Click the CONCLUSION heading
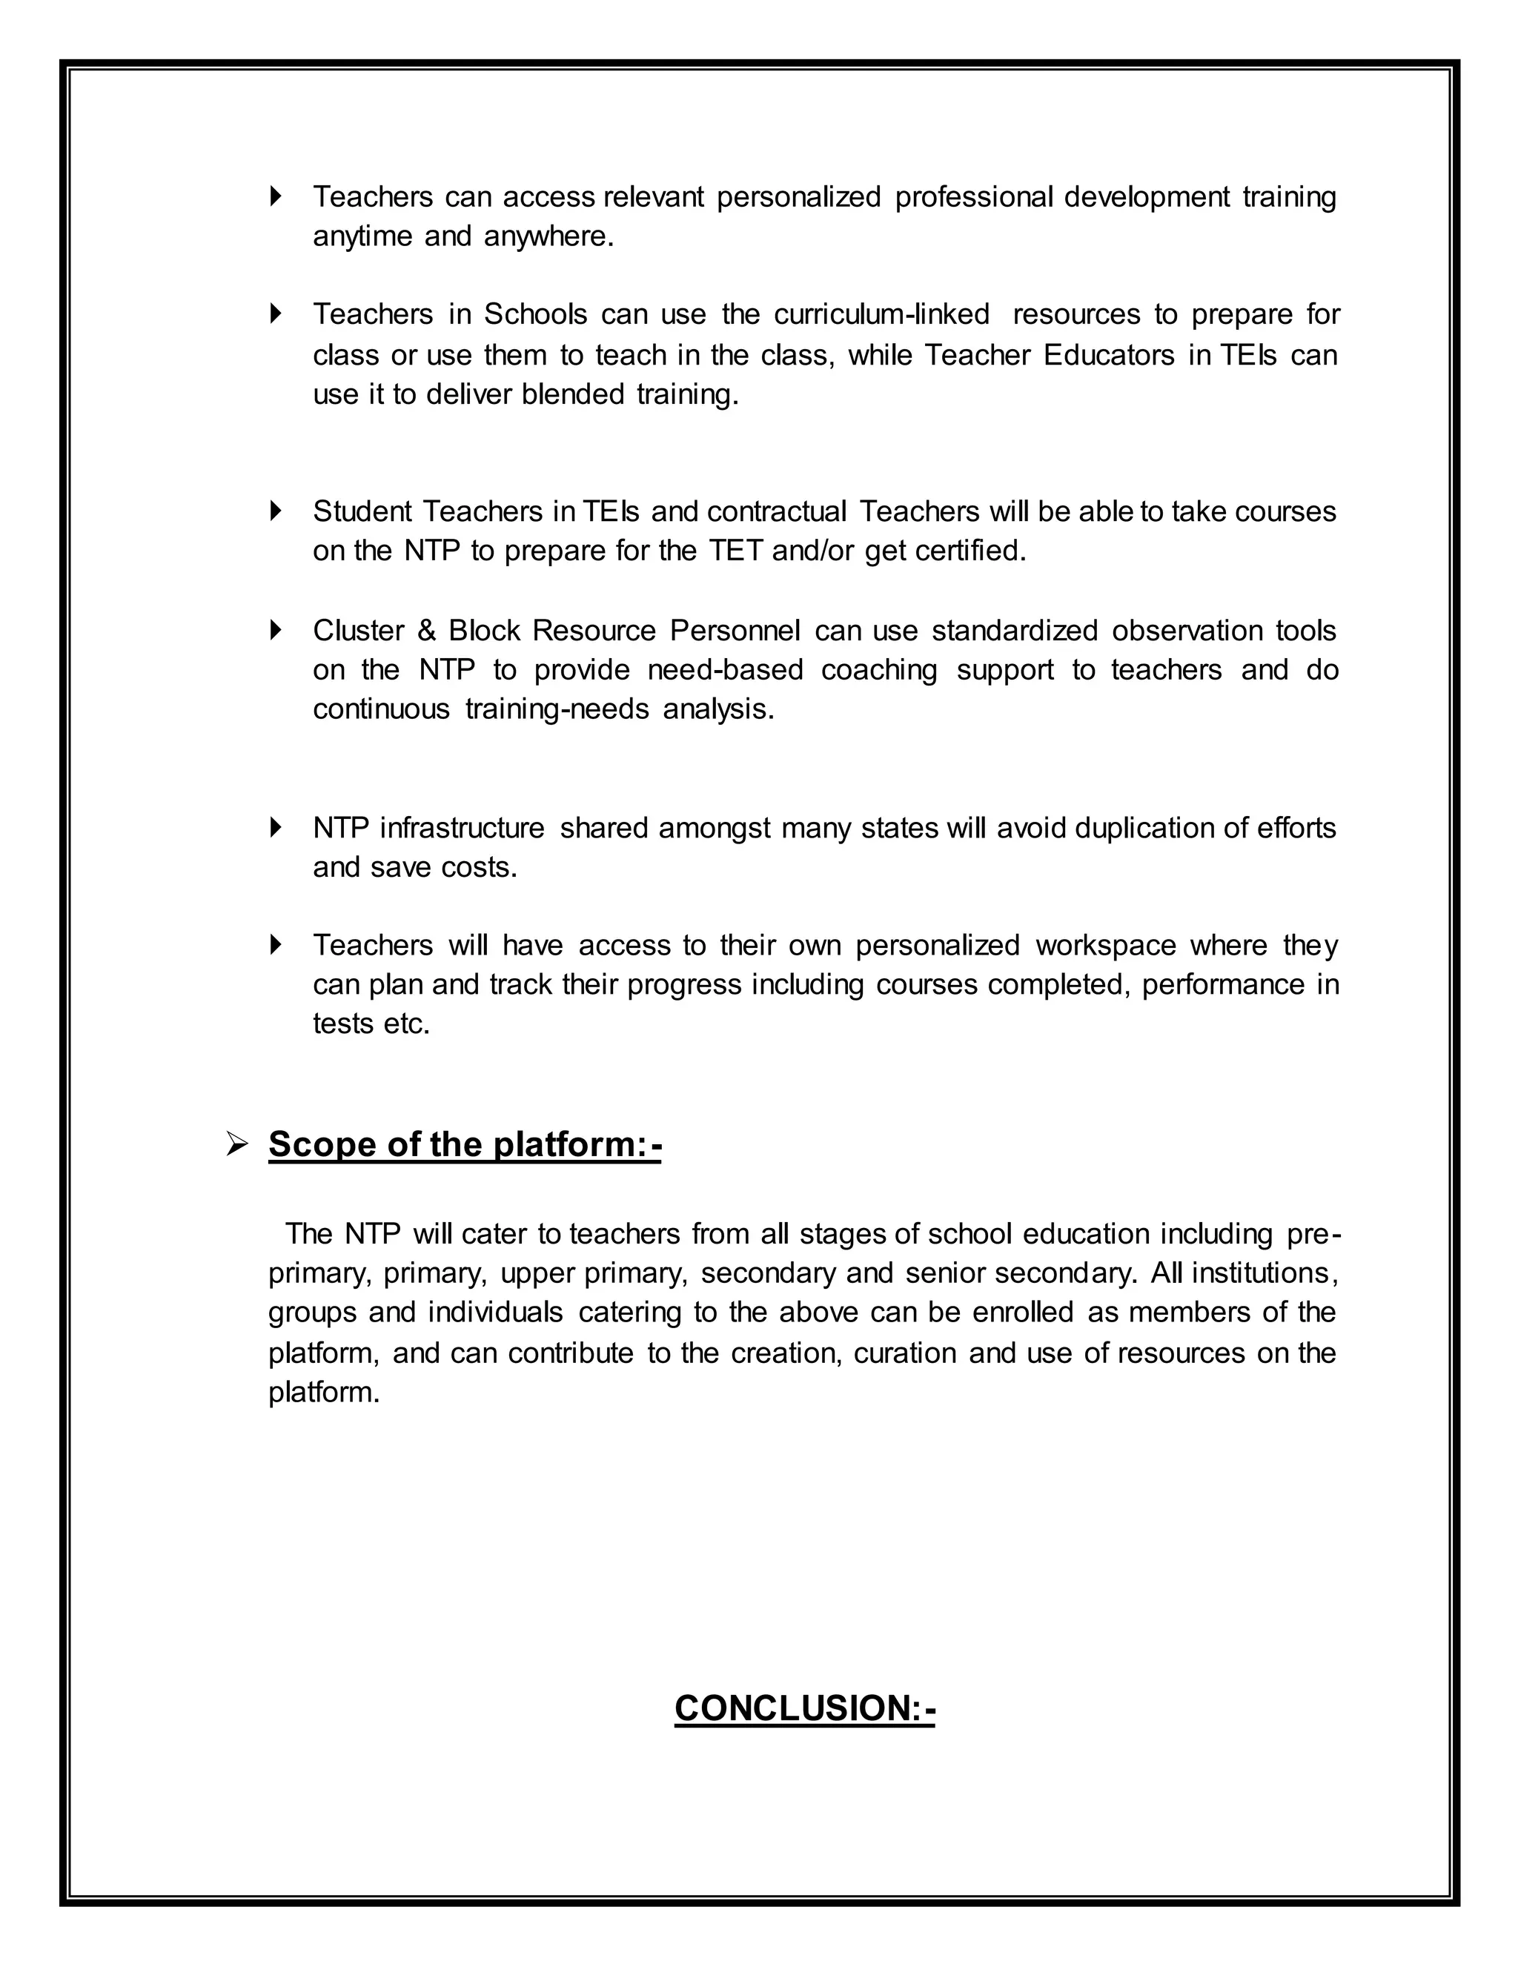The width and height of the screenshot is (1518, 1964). (x=805, y=1708)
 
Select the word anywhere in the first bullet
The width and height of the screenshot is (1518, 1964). (x=548, y=236)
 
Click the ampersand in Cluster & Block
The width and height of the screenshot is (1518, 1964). (x=426, y=631)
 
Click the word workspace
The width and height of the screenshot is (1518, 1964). (x=1105, y=945)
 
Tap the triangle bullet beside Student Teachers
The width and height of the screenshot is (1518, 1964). (x=276, y=511)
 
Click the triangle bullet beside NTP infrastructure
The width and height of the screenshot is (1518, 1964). (x=276, y=827)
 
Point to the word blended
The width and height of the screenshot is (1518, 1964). (x=573, y=394)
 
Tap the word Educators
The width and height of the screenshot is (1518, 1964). (x=1109, y=355)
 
